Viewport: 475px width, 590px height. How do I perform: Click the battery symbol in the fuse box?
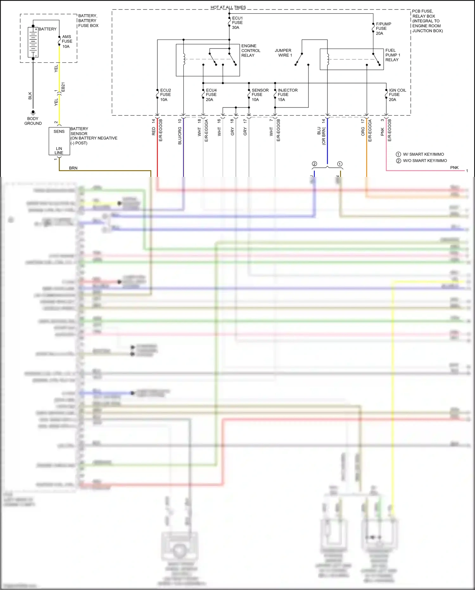[x=33, y=42]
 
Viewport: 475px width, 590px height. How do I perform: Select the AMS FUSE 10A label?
[x=67, y=42]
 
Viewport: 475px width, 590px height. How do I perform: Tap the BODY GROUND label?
[x=33, y=121]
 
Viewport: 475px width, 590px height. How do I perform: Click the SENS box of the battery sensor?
[x=59, y=132]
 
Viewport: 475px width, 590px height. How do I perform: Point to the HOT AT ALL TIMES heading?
[x=228, y=7]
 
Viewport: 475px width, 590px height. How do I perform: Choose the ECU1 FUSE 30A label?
[x=237, y=23]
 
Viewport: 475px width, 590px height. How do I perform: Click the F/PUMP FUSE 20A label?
[x=383, y=29]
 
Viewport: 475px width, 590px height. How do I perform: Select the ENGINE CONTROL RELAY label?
[x=250, y=51]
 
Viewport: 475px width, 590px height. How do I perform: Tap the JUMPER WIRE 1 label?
[x=283, y=53]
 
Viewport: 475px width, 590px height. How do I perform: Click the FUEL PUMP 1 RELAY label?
[x=392, y=55]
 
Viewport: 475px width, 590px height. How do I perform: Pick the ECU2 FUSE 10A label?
[x=165, y=95]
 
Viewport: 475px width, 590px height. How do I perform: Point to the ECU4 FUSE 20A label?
[x=211, y=95]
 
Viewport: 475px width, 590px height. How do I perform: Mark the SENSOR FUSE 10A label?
[x=260, y=95]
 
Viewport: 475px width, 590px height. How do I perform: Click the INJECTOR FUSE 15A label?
[x=287, y=95]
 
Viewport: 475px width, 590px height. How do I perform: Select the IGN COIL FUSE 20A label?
[x=397, y=95]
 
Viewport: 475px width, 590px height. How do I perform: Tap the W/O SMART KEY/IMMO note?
[x=424, y=161]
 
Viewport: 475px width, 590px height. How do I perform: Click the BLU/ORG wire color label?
[x=180, y=136]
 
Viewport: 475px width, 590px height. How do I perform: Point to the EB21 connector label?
[x=63, y=87]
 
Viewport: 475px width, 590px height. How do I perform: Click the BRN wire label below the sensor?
[x=73, y=168]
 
